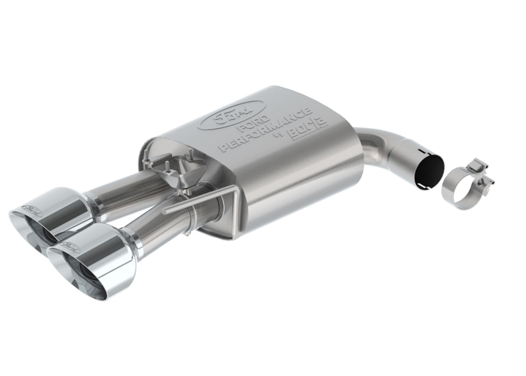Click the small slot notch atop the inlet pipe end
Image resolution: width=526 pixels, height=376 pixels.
[x=418, y=152]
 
